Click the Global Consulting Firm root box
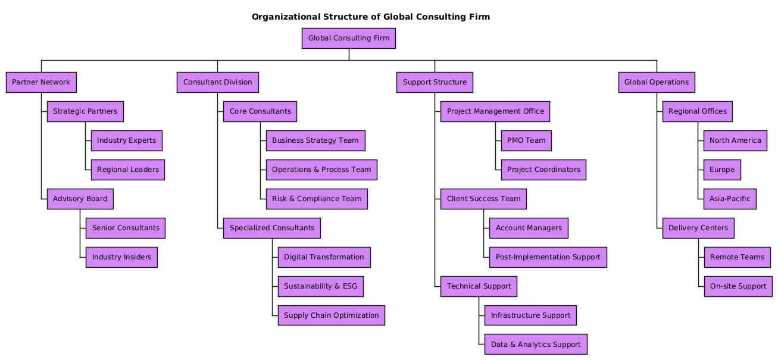pyautogui.click(x=349, y=39)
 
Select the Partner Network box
pyautogui.click(x=41, y=82)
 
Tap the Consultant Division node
pyautogui.click(x=217, y=82)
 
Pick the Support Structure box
pyautogui.click(x=435, y=82)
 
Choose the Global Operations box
pyautogui.click(x=657, y=82)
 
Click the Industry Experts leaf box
pyautogui.click(x=126, y=140)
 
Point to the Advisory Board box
pyautogui.click(x=80, y=199)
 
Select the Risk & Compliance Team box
pyautogui.click(x=317, y=199)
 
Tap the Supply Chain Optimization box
pyautogui.click(x=331, y=315)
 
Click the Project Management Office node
pyautogui.click(x=495, y=111)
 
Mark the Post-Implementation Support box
pyautogui.click(x=548, y=257)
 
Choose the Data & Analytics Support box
pyautogui.click(x=536, y=345)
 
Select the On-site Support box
pyautogui.click(x=738, y=286)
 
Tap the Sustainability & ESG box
pyautogui.click(x=320, y=286)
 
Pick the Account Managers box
pyautogui.click(x=529, y=228)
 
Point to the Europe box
pyautogui.click(x=722, y=170)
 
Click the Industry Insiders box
pyautogui.click(x=121, y=257)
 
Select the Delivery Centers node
pyautogui.click(x=698, y=228)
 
